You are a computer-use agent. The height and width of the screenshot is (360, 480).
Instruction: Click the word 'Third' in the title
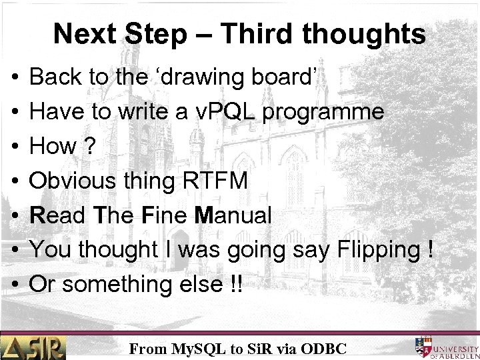coord(248,34)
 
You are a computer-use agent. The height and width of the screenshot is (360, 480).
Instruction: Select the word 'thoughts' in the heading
coord(365,34)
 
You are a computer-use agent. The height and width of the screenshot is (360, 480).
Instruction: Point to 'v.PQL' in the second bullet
coord(237,112)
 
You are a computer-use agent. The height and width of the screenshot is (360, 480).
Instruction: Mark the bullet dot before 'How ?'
coord(15,147)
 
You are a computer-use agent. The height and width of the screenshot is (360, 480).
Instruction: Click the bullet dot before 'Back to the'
coord(15,78)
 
